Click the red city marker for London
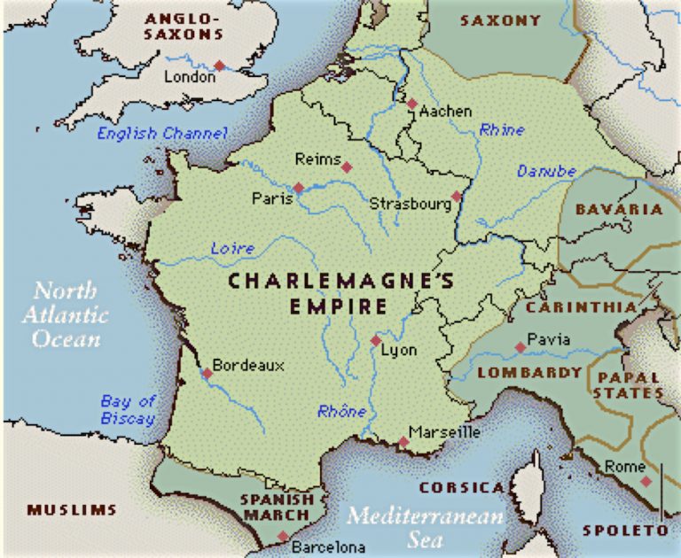219,66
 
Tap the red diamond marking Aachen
412,104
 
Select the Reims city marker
347,167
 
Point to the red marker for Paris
299,188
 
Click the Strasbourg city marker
457,197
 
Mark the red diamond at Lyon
376,340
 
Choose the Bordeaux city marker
207,373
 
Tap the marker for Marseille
403,441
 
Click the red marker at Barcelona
282,536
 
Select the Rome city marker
646,481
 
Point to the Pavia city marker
520,348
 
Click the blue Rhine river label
502,130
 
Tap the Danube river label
546,171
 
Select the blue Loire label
232,249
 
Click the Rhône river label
341,411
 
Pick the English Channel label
162,134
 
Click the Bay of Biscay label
128,410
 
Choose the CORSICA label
461,488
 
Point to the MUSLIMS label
72,510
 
